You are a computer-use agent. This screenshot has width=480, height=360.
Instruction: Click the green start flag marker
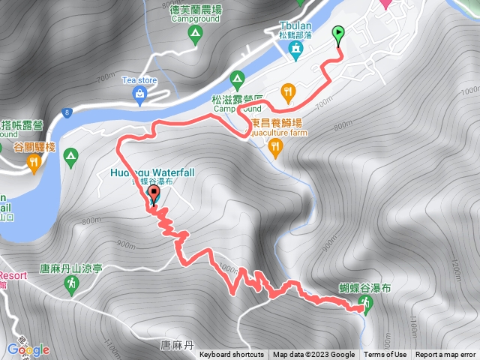click(338, 34)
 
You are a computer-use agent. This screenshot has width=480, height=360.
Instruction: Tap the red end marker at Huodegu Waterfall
click(154, 196)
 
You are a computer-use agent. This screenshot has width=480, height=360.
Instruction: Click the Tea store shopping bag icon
click(139, 93)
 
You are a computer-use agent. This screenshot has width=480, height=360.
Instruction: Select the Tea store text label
click(139, 79)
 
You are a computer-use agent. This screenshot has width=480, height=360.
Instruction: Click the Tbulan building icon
click(296, 50)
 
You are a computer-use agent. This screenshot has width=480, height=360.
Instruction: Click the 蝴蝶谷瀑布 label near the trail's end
click(364, 288)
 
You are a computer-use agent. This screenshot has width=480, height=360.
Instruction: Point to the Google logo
click(28, 349)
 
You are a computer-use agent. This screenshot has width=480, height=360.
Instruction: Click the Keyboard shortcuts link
click(231, 355)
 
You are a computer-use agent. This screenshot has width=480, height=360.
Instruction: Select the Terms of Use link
click(385, 355)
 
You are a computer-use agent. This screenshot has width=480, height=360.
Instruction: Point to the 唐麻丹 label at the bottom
click(177, 345)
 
